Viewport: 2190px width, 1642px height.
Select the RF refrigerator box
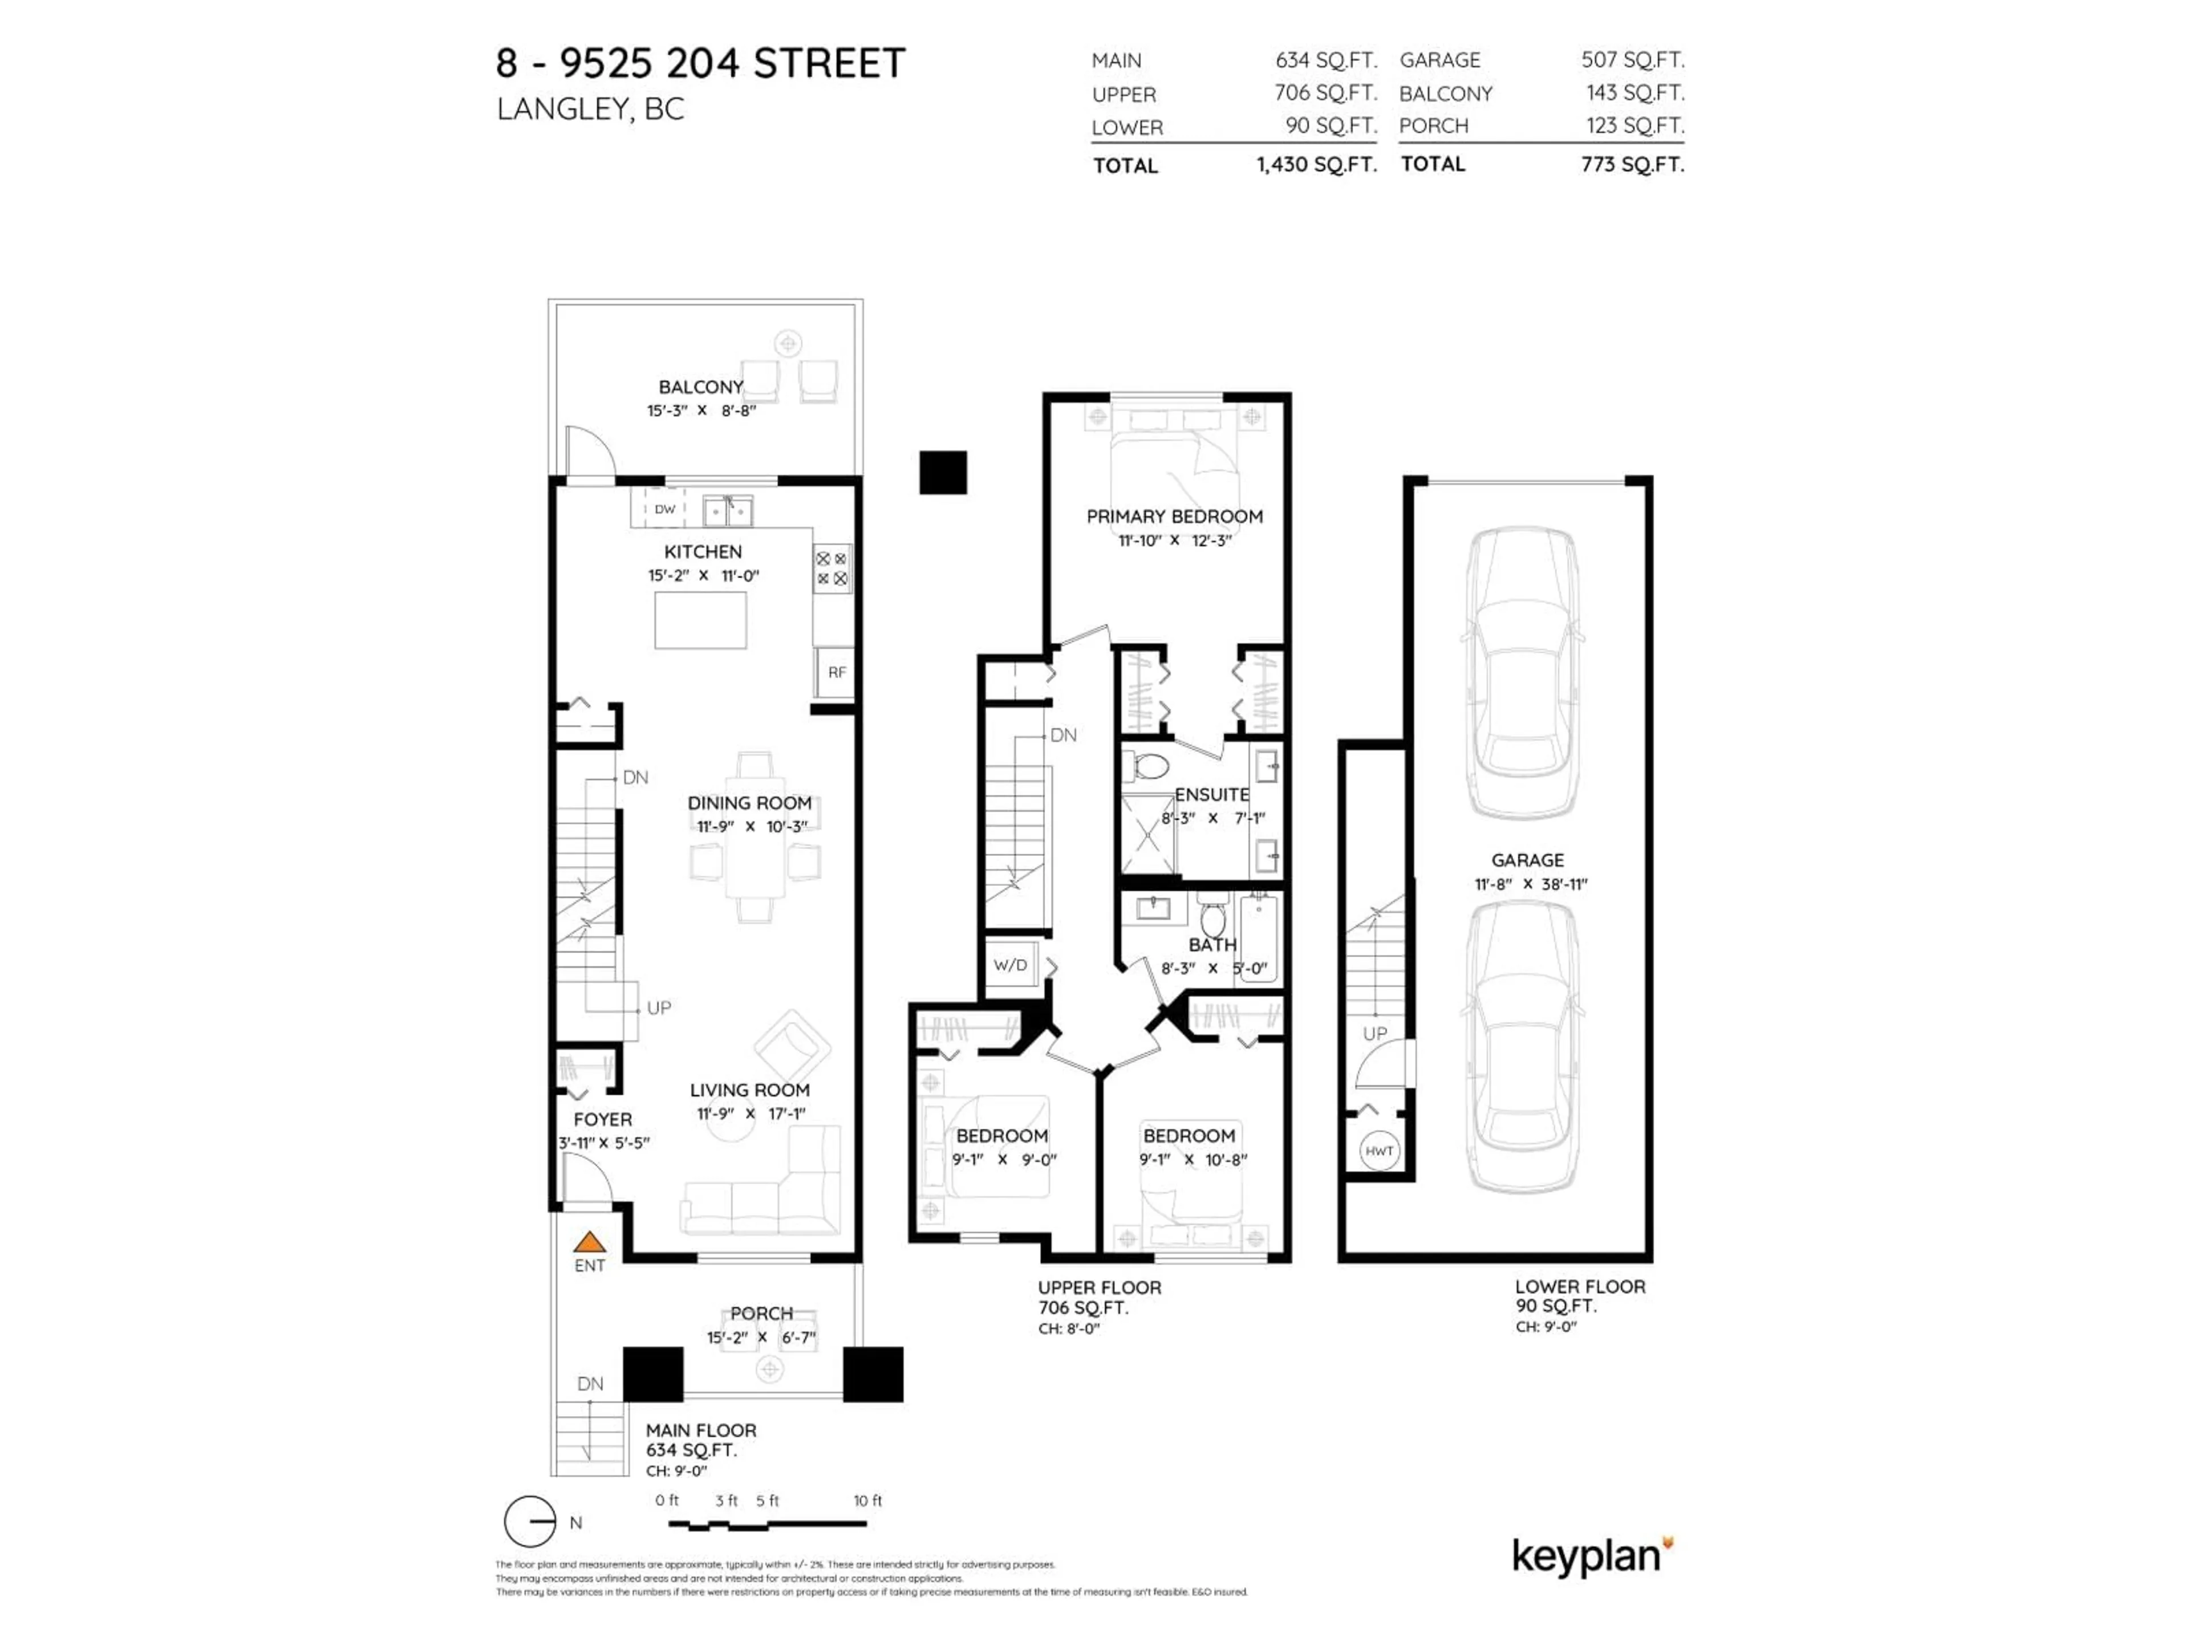837,672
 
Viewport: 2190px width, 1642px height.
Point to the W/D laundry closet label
1010,965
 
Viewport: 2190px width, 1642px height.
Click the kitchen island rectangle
700,620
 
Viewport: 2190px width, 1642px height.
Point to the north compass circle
530,1521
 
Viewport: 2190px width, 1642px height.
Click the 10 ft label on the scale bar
867,1501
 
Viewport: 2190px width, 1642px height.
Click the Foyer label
602,1119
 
